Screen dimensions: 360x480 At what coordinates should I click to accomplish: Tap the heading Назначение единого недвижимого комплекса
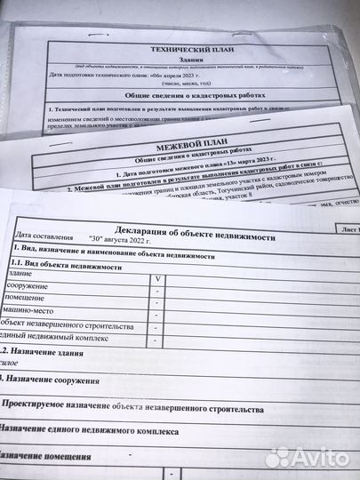point(89,432)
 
